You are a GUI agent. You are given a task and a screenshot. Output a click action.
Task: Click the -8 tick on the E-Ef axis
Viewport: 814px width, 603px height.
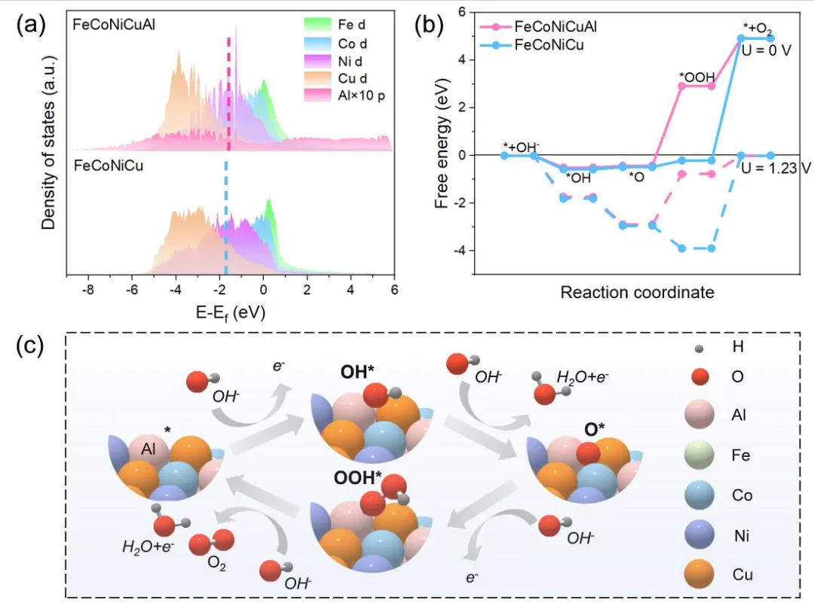click(88, 289)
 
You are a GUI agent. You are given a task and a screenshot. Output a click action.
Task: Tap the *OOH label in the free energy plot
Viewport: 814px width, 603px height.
click(694, 77)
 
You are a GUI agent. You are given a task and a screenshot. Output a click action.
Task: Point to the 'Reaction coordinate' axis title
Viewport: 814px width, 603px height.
click(637, 291)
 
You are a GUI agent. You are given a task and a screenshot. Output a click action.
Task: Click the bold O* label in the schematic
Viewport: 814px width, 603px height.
click(596, 431)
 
